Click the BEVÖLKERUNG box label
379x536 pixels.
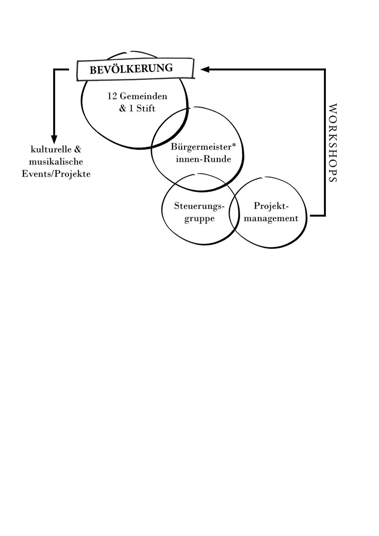point(131,69)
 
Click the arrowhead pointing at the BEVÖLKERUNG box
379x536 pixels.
point(205,69)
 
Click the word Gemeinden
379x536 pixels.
point(143,96)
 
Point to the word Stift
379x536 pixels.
point(146,108)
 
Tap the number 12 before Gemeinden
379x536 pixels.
point(113,96)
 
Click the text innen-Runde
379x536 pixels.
point(203,159)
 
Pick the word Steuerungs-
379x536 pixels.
point(199,206)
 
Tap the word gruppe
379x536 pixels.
point(199,219)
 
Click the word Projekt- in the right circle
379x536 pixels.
point(271,206)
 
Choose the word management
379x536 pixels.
point(271,218)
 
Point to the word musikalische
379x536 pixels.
point(56,161)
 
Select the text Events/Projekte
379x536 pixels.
point(56,174)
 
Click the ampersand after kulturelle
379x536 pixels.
point(77,149)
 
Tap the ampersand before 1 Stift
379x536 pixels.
point(123,108)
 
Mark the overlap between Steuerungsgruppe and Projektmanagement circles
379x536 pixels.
point(234,213)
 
